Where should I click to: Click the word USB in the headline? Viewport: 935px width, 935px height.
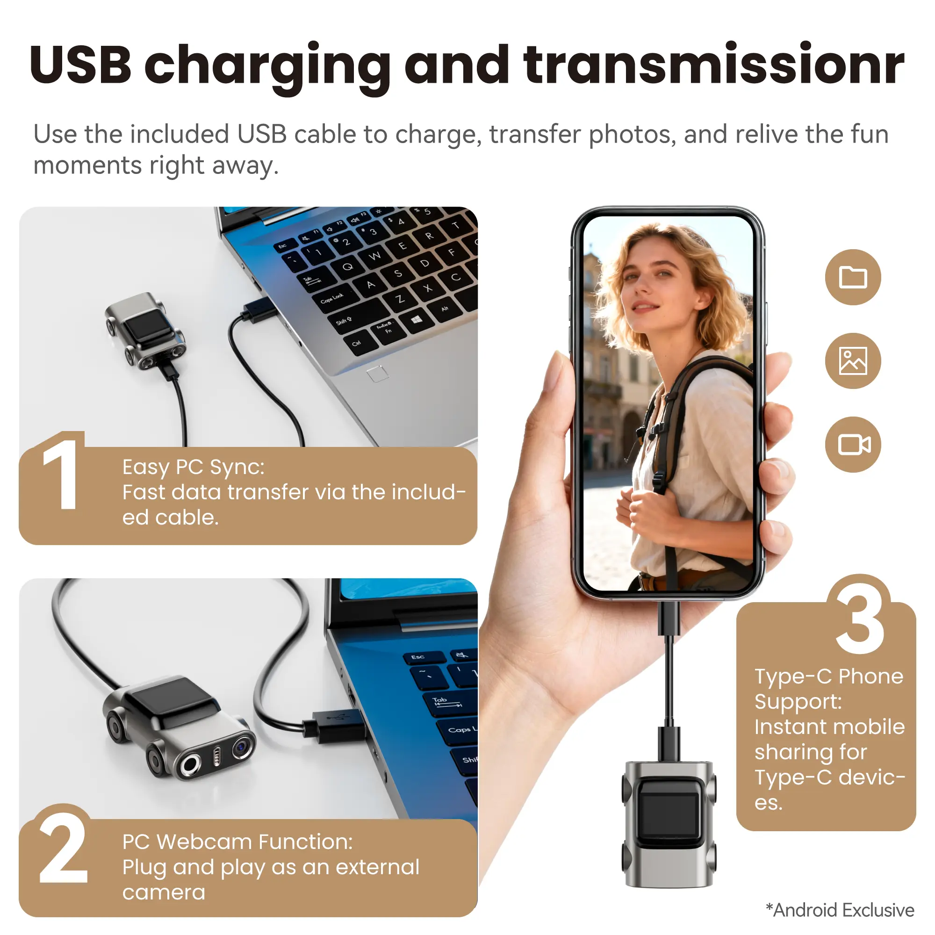point(80,65)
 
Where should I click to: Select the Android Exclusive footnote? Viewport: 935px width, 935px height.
point(840,910)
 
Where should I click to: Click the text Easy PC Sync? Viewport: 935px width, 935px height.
point(194,467)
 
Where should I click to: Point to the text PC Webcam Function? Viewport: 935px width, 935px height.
point(237,842)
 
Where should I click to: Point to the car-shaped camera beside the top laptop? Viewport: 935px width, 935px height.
point(145,331)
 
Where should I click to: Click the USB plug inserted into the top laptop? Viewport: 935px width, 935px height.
point(259,310)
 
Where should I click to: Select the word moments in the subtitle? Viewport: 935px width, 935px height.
point(87,166)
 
